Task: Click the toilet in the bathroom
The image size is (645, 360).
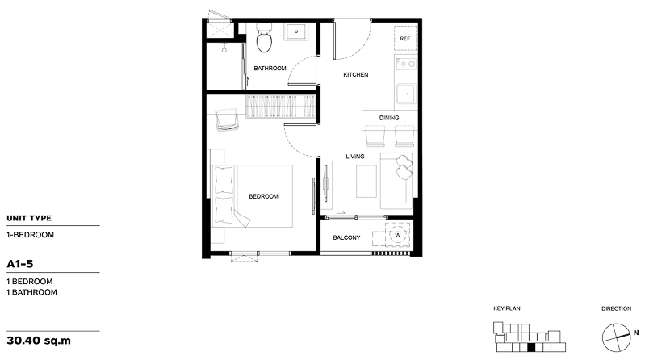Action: pyautogui.click(x=264, y=38)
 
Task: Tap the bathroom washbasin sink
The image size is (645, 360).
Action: pyautogui.click(x=296, y=31)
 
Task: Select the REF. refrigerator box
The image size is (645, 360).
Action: pyautogui.click(x=405, y=38)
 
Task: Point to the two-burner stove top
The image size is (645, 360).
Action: pyautogui.click(x=406, y=64)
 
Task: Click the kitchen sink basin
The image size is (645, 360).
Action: pyautogui.click(x=406, y=94)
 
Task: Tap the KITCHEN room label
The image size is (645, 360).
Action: pyautogui.click(x=356, y=74)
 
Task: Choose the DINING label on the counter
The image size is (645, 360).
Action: pyautogui.click(x=389, y=118)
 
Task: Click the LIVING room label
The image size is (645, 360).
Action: pyautogui.click(x=355, y=157)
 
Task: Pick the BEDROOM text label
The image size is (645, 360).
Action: pyautogui.click(x=264, y=196)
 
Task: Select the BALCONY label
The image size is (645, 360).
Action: pyautogui.click(x=346, y=237)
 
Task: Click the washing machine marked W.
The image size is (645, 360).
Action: pyautogui.click(x=398, y=235)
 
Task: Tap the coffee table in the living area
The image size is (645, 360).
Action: pyautogui.click(x=366, y=181)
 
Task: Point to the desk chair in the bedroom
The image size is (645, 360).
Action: pyautogui.click(x=227, y=119)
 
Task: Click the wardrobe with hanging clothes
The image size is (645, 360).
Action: pyautogui.click(x=281, y=107)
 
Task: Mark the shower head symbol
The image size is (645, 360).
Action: pyautogui.click(x=224, y=48)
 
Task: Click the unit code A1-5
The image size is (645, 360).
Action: pyautogui.click(x=19, y=264)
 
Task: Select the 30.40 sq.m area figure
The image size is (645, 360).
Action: pyautogui.click(x=39, y=341)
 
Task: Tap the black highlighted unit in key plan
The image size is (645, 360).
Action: pyautogui.click(x=531, y=348)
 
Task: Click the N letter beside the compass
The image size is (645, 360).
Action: pyautogui.click(x=636, y=333)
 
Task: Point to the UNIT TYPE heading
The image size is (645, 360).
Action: pyautogui.click(x=29, y=218)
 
